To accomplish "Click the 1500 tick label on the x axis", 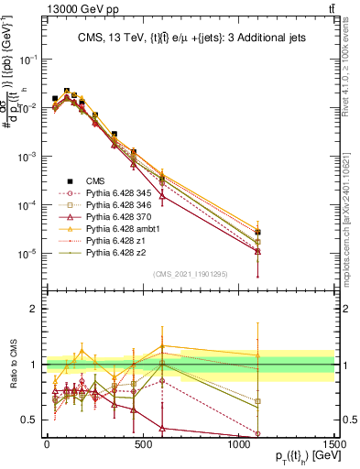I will (x=335, y=443).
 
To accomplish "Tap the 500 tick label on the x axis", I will (x=143, y=443).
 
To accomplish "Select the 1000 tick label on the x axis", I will (x=239, y=443).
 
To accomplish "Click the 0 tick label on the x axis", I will (x=47, y=443).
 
